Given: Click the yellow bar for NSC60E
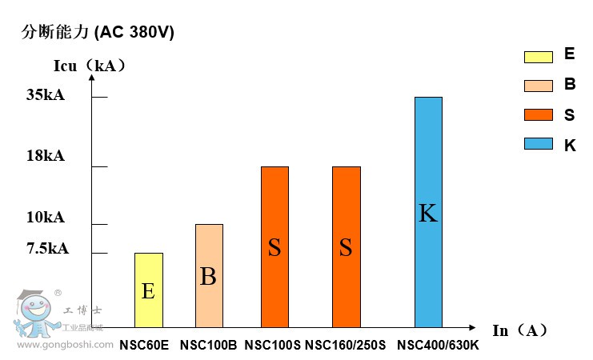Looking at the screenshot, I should [148, 290].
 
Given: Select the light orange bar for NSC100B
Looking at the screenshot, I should [208, 276].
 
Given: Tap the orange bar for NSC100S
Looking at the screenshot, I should [274, 247].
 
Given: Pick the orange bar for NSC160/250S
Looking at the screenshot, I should [346, 247].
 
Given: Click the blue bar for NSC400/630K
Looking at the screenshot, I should [428, 212].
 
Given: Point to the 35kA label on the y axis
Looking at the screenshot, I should [46, 95].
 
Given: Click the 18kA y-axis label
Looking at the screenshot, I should [46, 156].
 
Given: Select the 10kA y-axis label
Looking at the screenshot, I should [46, 218].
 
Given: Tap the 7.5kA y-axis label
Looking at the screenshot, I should [48, 248].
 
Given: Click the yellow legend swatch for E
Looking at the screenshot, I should [539, 57].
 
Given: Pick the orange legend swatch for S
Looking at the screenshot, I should [539, 114].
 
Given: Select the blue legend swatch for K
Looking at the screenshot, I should [539, 143].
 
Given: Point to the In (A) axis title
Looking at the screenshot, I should [519, 330].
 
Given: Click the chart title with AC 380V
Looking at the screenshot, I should [97, 33].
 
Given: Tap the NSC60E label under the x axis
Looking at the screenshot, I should [144, 346].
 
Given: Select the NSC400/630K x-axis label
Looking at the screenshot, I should [438, 346].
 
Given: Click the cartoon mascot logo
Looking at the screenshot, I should [34, 314].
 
